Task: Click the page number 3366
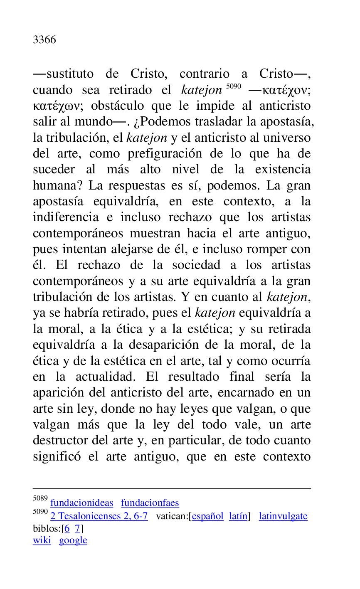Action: pos(44,40)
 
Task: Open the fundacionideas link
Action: pos(81,503)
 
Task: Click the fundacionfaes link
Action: pos(150,503)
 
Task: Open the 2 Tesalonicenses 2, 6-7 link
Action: pos(99,516)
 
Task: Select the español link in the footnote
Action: pos(207,516)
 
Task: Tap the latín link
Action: pos(238,516)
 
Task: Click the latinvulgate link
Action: pos(283,516)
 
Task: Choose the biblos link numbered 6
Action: pos(67,529)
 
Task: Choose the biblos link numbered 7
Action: pos(77,529)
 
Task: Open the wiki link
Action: pos(42,540)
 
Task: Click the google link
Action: pos(73,540)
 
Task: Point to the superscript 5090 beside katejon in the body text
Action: pos(234,86)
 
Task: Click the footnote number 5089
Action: pos(40,498)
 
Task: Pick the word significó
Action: pos(57,456)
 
